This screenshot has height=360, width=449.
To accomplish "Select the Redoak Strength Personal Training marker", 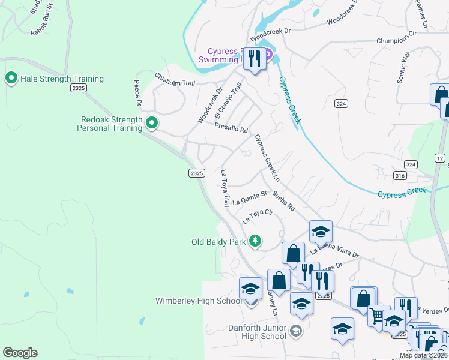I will (152, 124).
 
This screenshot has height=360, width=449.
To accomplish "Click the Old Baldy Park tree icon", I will (256, 241).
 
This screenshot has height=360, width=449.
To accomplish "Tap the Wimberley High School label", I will (199, 301).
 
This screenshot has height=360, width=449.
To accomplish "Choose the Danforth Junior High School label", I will (257, 332).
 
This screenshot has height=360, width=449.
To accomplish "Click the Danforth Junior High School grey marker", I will (295, 331).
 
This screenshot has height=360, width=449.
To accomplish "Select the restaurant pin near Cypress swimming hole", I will (255, 59).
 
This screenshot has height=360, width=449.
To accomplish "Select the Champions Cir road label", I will (396, 41).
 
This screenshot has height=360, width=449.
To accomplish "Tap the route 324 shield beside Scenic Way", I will (341, 104).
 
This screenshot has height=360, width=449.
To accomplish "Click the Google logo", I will (20, 353).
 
